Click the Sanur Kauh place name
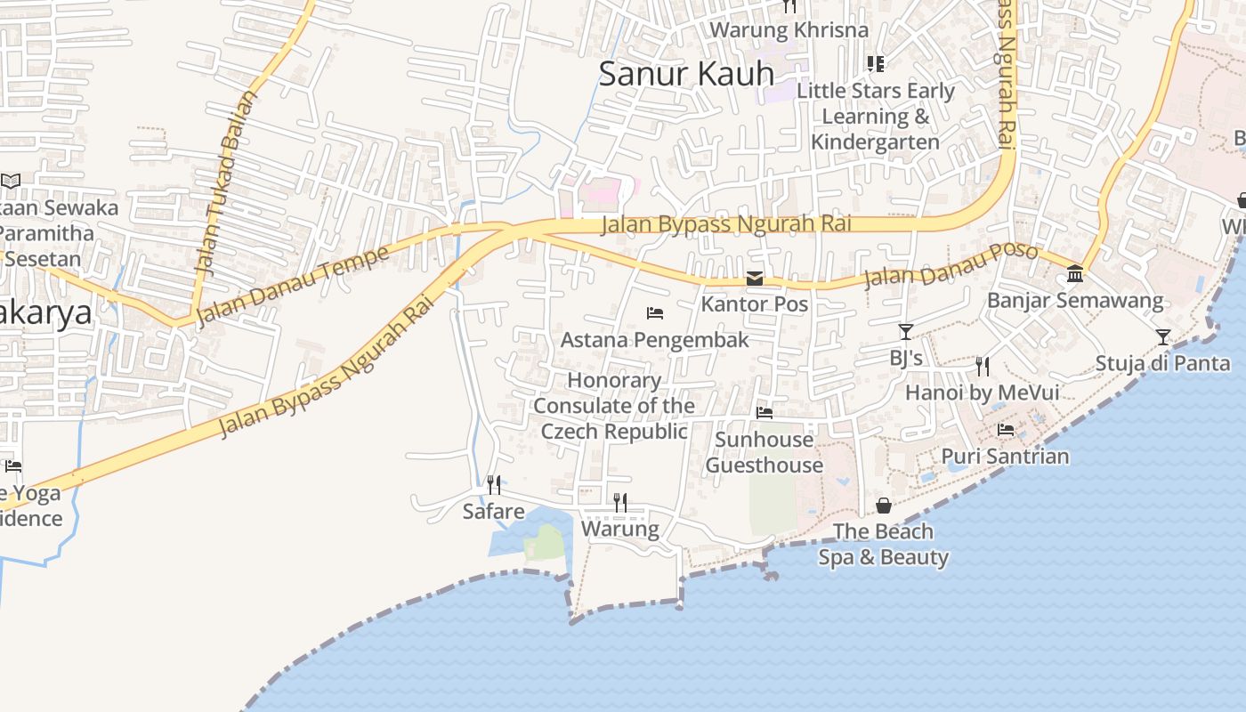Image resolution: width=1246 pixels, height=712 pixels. pyautogui.click(x=685, y=74)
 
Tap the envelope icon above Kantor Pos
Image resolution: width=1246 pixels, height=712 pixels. pyautogui.click(x=755, y=279)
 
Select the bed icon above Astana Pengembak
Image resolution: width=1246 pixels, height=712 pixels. pyautogui.click(x=655, y=313)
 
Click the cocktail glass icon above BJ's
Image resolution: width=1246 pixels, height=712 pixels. pyautogui.click(x=906, y=332)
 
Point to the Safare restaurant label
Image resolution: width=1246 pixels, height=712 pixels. pyautogui.click(x=493, y=512)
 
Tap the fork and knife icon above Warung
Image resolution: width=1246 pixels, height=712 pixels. pyautogui.click(x=620, y=503)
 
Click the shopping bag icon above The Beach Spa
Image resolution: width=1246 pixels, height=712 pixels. pyautogui.click(x=884, y=506)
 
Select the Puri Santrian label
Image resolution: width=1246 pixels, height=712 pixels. pyautogui.click(x=1006, y=457)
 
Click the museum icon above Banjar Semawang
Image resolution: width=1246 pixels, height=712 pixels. pyautogui.click(x=1075, y=273)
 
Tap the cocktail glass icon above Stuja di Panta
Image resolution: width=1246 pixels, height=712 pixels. pyautogui.click(x=1163, y=336)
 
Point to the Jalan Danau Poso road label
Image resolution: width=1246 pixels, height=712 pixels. pyautogui.click(x=951, y=265)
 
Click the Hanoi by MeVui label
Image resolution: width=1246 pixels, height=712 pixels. pyautogui.click(x=982, y=392)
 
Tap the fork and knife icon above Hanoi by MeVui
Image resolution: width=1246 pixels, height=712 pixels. pyautogui.click(x=983, y=365)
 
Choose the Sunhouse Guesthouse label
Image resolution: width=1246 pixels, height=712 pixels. pyautogui.click(x=764, y=452)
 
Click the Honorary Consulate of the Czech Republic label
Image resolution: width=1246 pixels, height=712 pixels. pyautogui.click(x=615, y=406)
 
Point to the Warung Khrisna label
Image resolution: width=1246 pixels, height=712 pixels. pyautogui.click(x=789, y=29)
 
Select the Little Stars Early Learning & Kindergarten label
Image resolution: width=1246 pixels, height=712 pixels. pyautogui.click(x=876, y=117)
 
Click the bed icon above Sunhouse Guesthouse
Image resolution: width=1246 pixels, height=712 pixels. pyautogui.click(x=764, y=413)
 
